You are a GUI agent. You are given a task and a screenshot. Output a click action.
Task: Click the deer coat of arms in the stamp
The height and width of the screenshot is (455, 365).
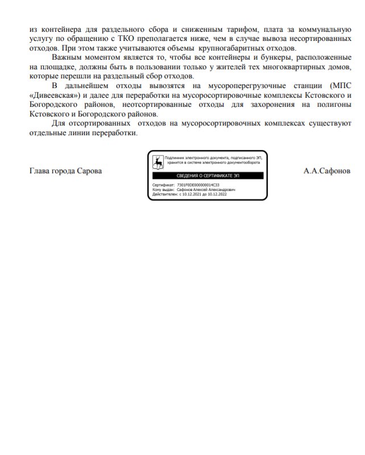click(157, 162)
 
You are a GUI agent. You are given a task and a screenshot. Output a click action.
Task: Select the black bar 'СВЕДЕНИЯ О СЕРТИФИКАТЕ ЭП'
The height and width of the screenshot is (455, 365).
click(208, 176)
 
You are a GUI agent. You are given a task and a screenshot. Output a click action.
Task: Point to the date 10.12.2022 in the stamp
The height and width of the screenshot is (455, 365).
click(217, 194)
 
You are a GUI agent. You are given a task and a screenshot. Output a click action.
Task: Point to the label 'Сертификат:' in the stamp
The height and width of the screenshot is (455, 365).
click(164, 185)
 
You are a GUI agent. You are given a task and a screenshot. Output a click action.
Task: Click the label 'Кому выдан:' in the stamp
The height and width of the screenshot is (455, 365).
click(163, 190)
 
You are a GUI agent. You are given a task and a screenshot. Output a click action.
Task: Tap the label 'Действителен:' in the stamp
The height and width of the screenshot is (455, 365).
click(164, 194)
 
